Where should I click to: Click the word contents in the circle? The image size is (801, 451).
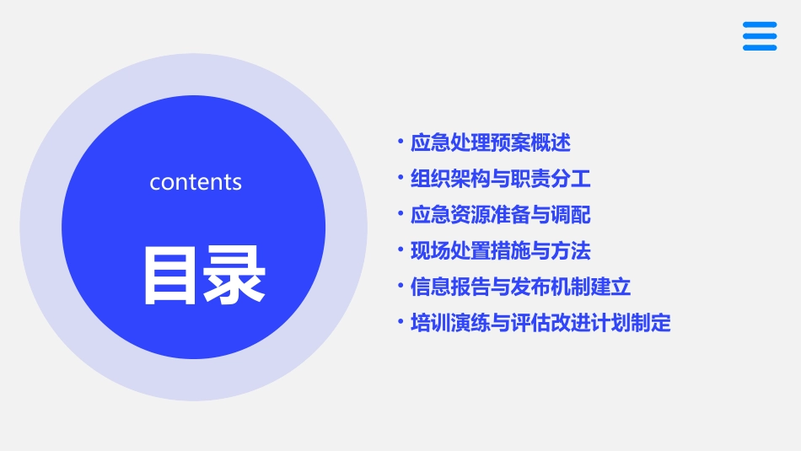click(196, 182)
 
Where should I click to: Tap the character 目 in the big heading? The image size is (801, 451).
click(169, 275)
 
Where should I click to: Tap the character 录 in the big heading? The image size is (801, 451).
click(232, 275)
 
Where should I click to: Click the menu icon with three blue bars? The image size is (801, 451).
click(759, 36)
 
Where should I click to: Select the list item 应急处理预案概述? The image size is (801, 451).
click(491, 143)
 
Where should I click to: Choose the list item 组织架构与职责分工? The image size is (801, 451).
click(501, 179)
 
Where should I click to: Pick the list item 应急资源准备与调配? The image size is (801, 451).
click(501, 215)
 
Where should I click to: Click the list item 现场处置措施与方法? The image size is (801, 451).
click(501, 251)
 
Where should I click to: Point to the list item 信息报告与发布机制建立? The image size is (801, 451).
click(520, 287)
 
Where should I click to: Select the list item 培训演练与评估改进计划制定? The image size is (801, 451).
click(540, 323)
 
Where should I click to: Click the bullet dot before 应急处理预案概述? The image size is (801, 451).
click(400, 142)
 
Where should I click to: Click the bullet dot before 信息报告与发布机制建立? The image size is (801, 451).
click(400, 286)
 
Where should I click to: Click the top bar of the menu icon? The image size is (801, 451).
click(759, 24)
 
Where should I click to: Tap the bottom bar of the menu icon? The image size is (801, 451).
click(759, 48)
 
